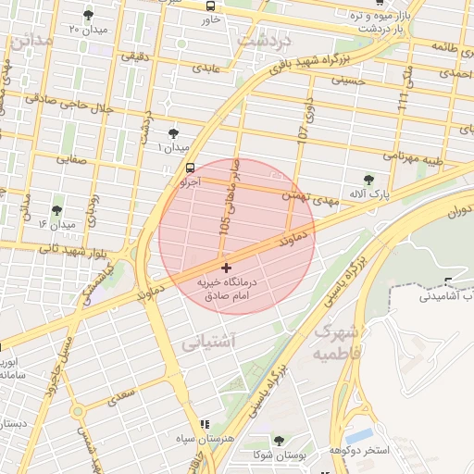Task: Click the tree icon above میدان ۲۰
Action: pos(88,15)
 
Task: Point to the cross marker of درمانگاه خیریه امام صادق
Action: pos(227,268)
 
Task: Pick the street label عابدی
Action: pos(206,69)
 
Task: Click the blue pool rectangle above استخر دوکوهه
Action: pos(359,434)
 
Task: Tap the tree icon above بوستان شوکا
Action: pos(279,441)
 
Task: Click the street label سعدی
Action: pos(121,395)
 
